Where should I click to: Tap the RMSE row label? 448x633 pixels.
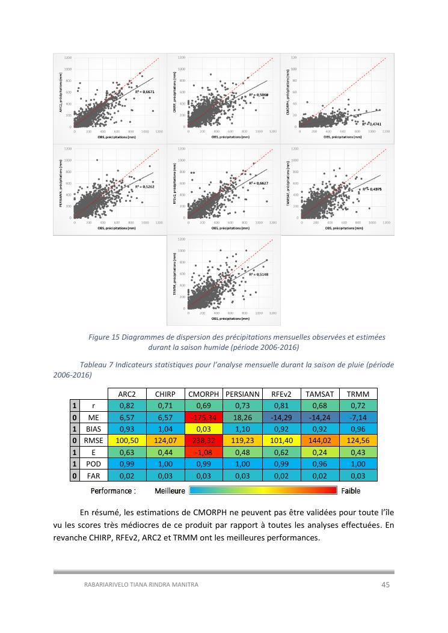pos(94,441)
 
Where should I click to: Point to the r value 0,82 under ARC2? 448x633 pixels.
pos(126,406)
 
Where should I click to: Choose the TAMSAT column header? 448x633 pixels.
pos(319,394)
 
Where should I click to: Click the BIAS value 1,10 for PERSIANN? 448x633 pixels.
pos(242,429)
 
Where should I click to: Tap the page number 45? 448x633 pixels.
pos(387,584)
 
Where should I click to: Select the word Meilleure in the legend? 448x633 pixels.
pos(170,491)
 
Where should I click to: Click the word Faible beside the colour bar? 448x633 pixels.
pos(351,491)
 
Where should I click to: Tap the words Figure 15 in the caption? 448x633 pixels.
pos(104,337)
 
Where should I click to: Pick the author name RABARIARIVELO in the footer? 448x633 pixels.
pos(108,584)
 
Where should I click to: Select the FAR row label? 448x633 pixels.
pos(94,476)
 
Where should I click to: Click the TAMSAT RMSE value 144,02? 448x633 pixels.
pos(319,441)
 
